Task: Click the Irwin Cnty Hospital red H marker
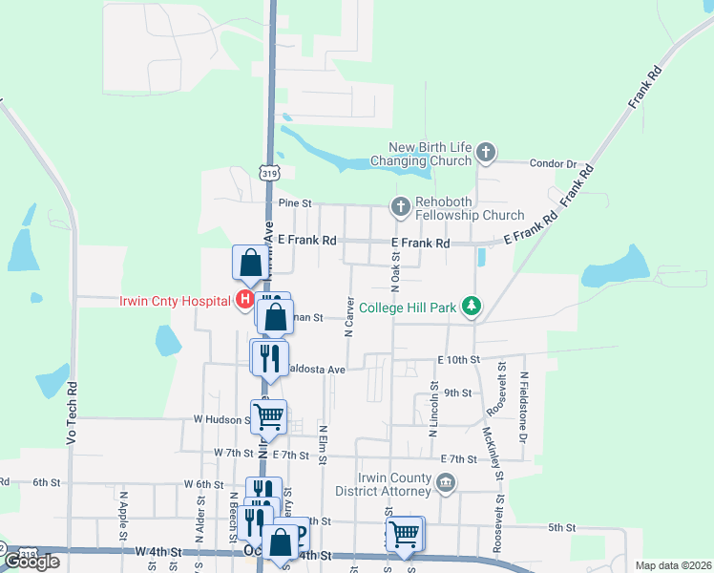click(x=244, y=301)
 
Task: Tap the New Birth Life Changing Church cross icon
click(x=486, y=151)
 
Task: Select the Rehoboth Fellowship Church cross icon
click(x=401, y=205)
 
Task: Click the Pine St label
click(x=295, y=203)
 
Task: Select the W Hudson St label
click(x=221, y=418)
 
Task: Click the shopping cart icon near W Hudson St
click(x=270, y=414)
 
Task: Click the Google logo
click(x=31, y=562)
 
